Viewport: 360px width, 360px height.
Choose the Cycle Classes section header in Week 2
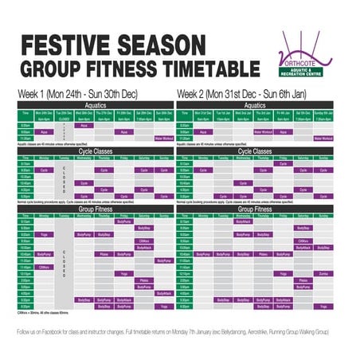pos(254,150)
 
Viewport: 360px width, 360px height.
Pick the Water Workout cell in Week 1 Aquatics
pos(165,139)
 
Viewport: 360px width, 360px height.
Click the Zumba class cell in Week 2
pos(323,272)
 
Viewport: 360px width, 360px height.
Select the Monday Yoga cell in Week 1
pos(45,235)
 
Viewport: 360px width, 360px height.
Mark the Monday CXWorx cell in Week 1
pos(45,267)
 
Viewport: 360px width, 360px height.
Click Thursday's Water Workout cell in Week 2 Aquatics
pos(263,131)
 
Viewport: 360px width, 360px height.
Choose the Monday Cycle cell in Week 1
pos(45,170)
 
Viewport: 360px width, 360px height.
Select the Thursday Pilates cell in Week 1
pos(104,254)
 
